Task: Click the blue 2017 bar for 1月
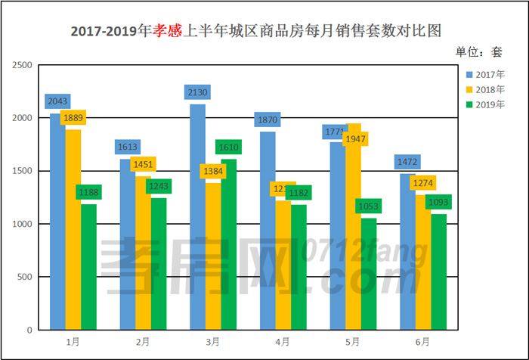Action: [x=57, y=227]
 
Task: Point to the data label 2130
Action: [x=197, y=92]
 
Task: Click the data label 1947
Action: [x=354, y=139]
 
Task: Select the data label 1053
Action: [x=369, y=206]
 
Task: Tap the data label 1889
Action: [x=73, y=117]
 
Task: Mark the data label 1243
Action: [x=159, y=185]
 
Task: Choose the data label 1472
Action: [x=407, y=161]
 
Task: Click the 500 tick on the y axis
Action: [x=26, y=278]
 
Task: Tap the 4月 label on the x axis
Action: [x=282, y=342]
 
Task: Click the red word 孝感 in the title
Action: [x=169, y=31]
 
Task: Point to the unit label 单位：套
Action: [x=478, y=52]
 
